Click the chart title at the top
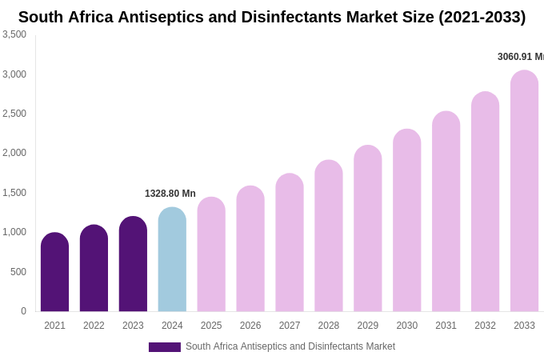[x=272, y=17]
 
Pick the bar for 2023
[x=133, y=264]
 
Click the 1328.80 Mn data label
[x=170, y=194]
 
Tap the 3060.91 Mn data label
[x=520, y=57]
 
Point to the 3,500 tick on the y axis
[x=14, y=34]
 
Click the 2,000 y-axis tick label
[x=14, y=153]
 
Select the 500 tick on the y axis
[x=18, y=272]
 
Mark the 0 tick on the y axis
[x=23, y=311]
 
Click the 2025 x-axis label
[x=211, y=326]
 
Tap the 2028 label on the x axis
[x=329, y=326]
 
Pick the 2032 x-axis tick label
[x=485, y=326]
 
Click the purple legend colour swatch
[x=165, y=347]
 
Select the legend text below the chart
[x=290, y=346]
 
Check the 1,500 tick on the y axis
[x=14, y=193]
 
